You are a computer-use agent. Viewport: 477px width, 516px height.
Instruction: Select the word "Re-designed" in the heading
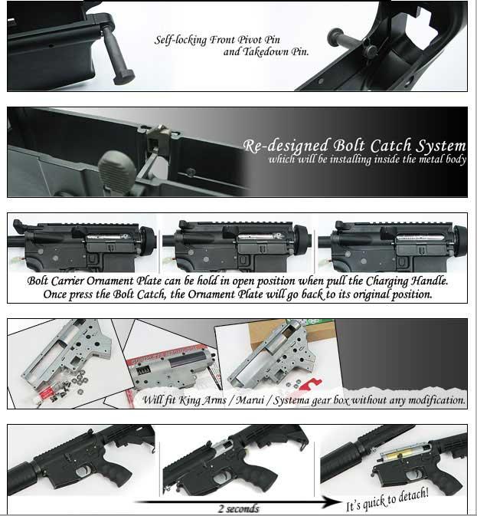tap(286, 146)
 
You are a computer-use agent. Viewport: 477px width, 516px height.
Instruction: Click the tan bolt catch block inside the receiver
tap(158, 140)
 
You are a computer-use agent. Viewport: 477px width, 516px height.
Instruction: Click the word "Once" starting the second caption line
tap(54, 294)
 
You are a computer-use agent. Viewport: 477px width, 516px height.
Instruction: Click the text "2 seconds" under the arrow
tap(239, 509)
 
